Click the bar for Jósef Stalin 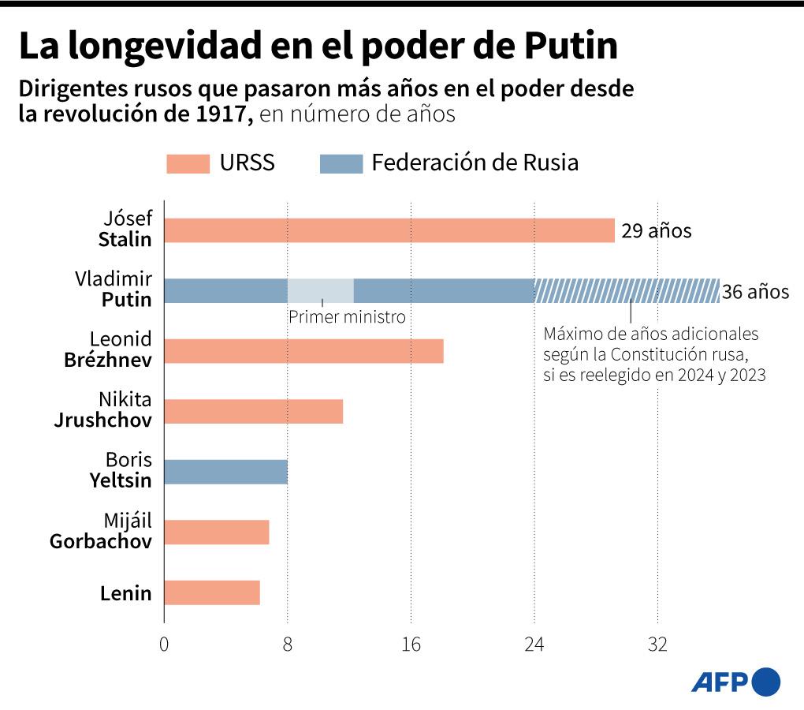coord(389,230)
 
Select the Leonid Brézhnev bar coord(303,351)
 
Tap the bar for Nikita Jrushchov coord(253,412)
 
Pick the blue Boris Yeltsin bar coord(225,472)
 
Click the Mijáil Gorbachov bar coord(216,532)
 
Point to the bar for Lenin coord(211,592)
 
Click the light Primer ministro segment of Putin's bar coord(320,291)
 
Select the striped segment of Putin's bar coord(627,291)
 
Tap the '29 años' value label coord(656,231)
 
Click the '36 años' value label coord(755,292)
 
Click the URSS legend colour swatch coord(188,163)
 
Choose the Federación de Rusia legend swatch coord(341,163)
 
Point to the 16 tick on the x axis coord(411,645)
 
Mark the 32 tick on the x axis coord(657,645)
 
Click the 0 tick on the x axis coord(164,645)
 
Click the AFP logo coord(735,682)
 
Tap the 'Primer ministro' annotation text coord(347,317)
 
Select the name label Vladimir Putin coord(114,290)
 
